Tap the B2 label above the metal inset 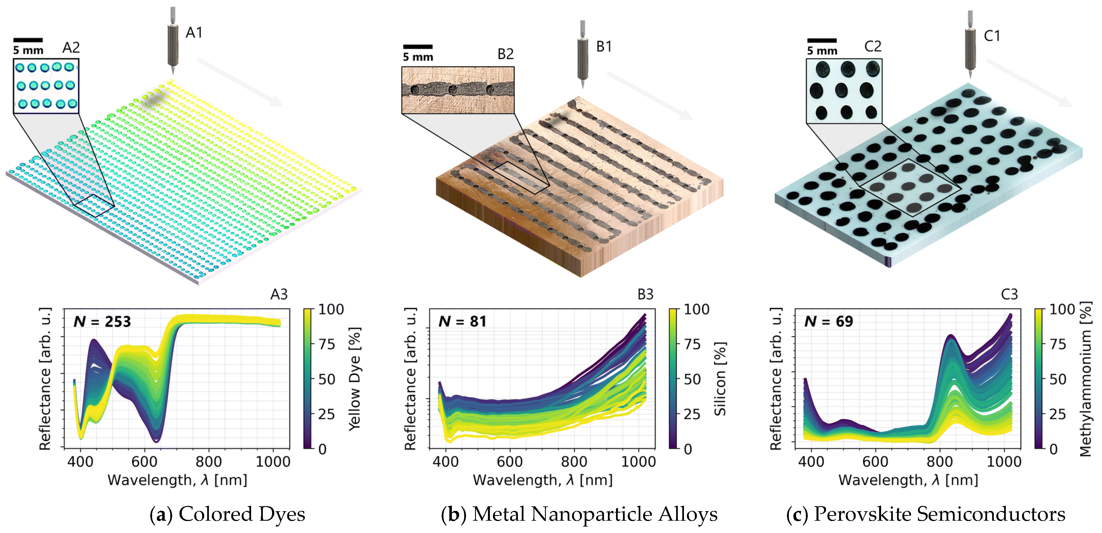[x=505, y=54]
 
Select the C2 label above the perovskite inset [x=873, y=46]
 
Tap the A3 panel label [x=279, y=294]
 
